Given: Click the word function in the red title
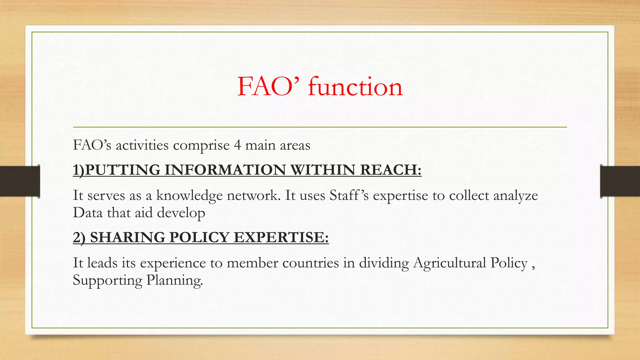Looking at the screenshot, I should (x=355, y=87).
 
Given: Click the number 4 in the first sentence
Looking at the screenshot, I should (x=237, y=145).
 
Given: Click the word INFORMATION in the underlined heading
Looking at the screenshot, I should (x=225, y=170).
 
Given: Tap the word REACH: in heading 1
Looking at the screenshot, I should (x=391, y=170).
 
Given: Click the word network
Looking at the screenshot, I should (x=253, y=196).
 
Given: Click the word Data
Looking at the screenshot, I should (x=88, y=213).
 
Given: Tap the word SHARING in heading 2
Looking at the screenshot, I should (x=127, y=237).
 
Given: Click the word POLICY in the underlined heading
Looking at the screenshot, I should (x=199, y=237).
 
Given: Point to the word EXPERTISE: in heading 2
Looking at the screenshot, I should (x=281, y=237).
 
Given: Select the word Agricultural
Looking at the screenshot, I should (x=449, y=263).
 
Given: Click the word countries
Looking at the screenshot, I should (x=310, y=263).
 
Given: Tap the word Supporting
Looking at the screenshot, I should (x=107, y=281).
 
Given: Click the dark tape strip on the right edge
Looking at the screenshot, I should (x=620, y=181).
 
